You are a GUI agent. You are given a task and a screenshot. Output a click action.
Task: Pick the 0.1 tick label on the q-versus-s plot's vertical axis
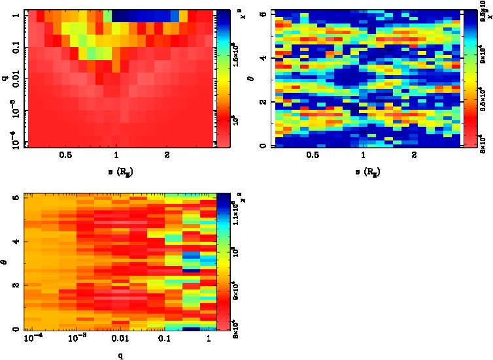(15, 49)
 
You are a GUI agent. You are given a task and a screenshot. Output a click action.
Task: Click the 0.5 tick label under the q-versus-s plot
(65, 156)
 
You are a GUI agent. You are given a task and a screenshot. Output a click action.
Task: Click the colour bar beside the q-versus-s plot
(222, 78)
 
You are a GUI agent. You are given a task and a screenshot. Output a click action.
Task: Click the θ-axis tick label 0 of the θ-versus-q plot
(15, 329)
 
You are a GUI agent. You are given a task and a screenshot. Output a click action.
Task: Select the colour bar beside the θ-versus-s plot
(469, 78)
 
